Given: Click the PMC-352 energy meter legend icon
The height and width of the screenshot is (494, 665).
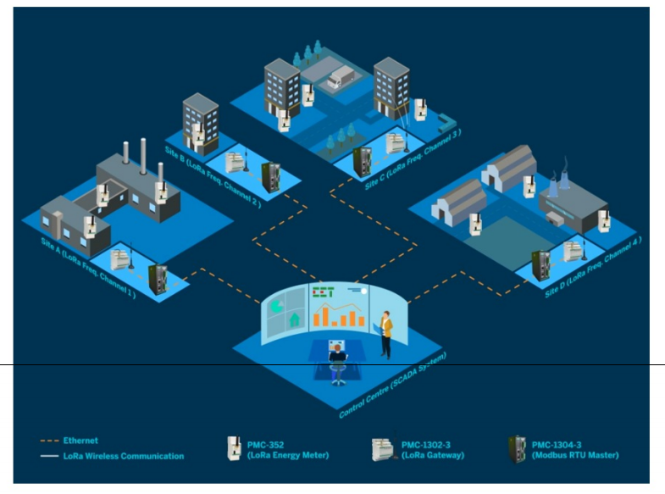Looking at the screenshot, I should (x=230, y=447).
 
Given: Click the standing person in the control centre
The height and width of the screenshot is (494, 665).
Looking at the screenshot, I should (x=386, y=333).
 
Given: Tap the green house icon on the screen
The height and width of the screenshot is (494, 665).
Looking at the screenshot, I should (x=295, y=320).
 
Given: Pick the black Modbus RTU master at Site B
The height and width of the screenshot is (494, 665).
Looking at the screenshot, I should (x=271, y=176).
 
